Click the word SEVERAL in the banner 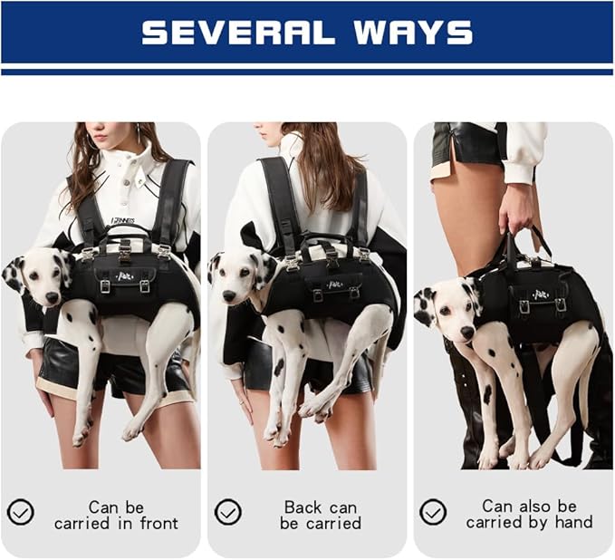pyautogui.click(x=237, y=34)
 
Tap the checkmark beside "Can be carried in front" pyautogui.click(x=20, y=513)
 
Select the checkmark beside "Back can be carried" pyautogui.click(x=227, y=513)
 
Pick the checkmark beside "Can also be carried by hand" pyautogui.click(x=433, y=513)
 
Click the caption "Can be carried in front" pyautogui.click(x=116, y=515)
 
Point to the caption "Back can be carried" pyautogui.click(x=321, y=515)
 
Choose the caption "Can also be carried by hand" pyautogui.click(x=529, y=515)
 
